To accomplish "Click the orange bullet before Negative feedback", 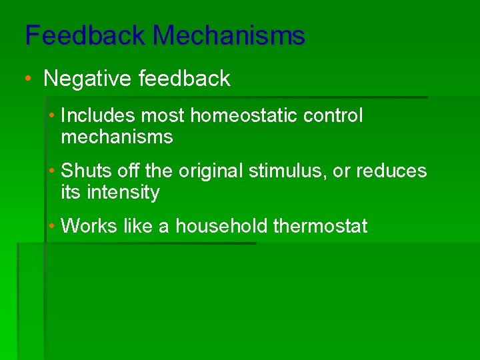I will [x=28, y=79].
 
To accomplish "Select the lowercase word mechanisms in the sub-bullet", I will [x=117, y=137].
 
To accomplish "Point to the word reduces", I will [x=391, y=171].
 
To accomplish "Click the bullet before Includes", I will [x=52, y=115].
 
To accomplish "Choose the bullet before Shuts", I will [x=52, y=171].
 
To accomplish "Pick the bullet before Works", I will [x=52, y=226].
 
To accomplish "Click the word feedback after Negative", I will [x=185, y=79].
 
